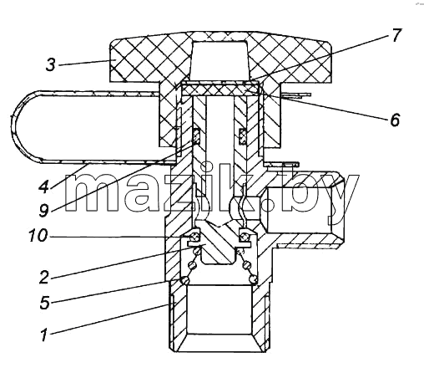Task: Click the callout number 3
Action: pos(50,65)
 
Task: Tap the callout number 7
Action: pos(396,35)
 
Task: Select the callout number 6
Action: pos(395,120)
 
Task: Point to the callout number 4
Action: pos(43,186)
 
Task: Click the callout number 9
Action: pos(43,210)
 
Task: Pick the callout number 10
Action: pos(38,236)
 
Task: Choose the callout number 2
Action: pos(43,278)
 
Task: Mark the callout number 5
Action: pos(44,303)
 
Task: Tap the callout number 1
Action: pos(43,335)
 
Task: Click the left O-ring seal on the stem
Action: pos(196,136)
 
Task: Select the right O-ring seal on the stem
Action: pos(243,136)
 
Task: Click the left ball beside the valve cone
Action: pos(194,237)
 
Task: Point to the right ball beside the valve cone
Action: pos(245,237)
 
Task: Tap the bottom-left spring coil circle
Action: pos(184,279)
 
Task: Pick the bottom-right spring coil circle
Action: pos(254,279)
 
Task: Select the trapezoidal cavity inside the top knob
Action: pos(220,60)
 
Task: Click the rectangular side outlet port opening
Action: pos(300,210)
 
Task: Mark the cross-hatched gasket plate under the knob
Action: pos(220,90)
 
